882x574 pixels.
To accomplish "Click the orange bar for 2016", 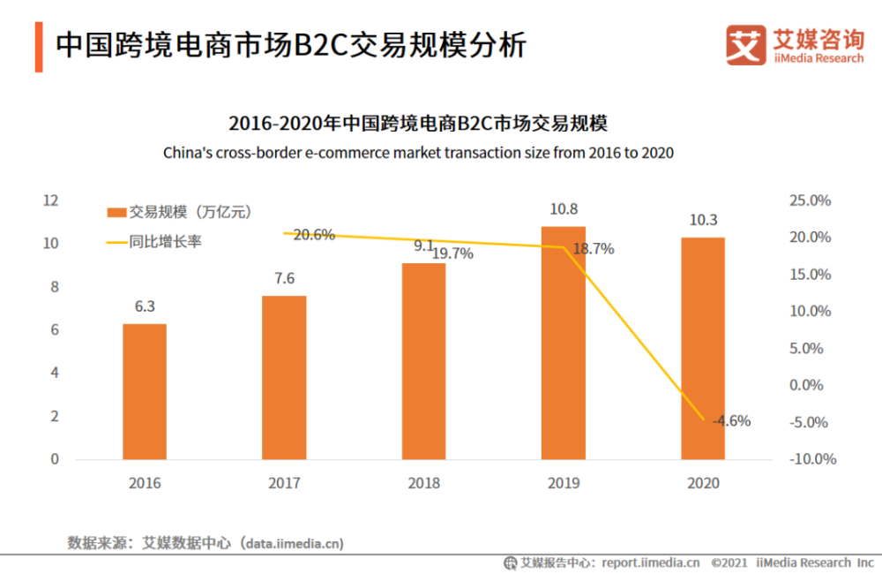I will coord(145,391).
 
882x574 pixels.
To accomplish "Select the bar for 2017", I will coord(284,377).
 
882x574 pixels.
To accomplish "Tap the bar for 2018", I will coord(424,361).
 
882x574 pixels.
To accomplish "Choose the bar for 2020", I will coord(703,348).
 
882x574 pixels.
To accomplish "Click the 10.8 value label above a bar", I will coord(564,209).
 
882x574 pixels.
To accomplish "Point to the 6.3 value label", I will coord(145,307).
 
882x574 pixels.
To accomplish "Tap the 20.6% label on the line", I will coord(314,235).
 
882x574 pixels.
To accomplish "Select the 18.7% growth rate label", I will coord(593,249).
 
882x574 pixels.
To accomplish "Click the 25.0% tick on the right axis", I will coord(811,200).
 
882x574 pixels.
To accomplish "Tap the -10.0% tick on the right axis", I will coord(809,459).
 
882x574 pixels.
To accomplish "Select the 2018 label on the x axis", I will coord(424,484).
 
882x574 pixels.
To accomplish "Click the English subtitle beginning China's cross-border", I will coord(418,153).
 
